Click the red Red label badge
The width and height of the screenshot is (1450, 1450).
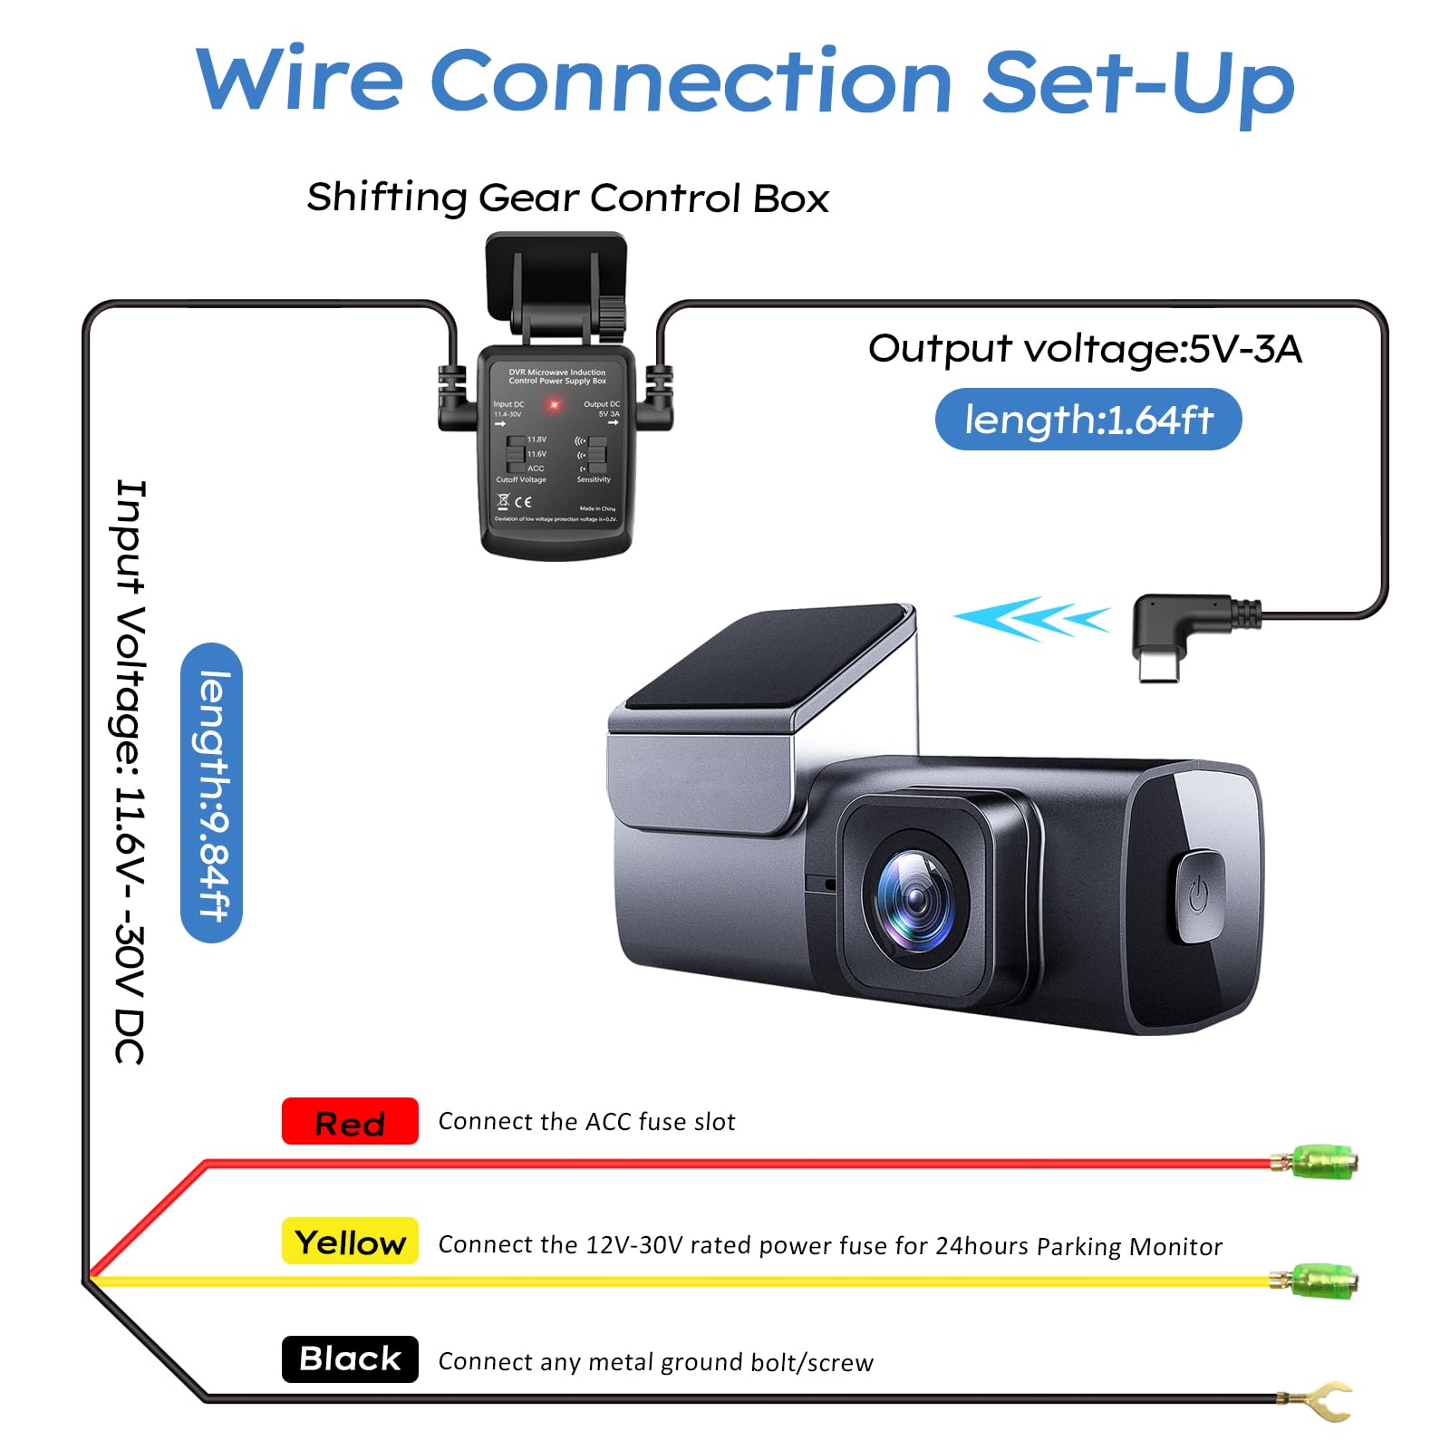coord(350,1121)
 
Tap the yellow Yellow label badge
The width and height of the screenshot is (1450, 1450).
coord(350,1241)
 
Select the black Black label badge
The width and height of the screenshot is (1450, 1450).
coord(350,1358)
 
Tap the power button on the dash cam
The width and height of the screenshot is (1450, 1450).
coord(1198,895)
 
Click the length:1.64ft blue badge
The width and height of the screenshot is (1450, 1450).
coord(1087,420)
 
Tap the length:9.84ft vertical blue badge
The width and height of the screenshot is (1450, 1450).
coord(212,793)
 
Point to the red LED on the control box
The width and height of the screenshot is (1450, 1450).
coord(554,404)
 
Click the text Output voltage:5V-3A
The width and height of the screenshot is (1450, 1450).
coord(1084,349)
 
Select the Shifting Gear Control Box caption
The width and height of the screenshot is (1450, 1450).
coord(567,198)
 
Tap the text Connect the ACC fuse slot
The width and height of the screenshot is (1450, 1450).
coord(586,1122)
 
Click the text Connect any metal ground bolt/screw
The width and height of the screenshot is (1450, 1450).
coord(655,1362)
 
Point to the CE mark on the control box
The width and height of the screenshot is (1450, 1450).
coord(523,501)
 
